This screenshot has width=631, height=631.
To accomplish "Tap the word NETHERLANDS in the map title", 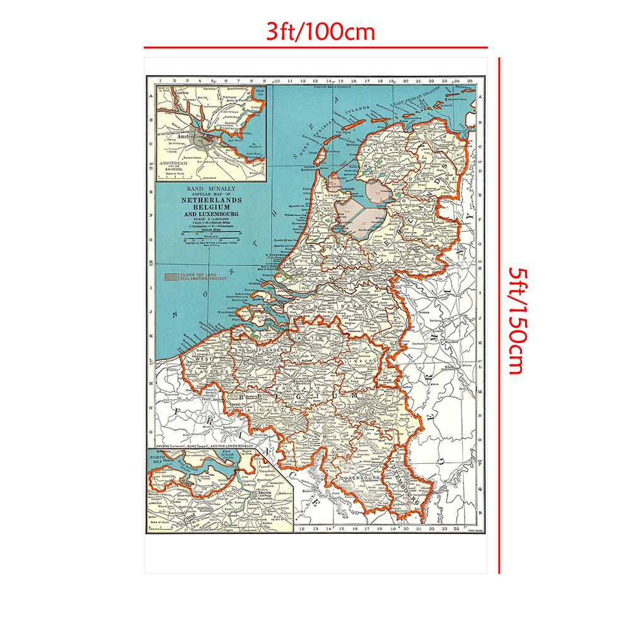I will [x=211, y=200].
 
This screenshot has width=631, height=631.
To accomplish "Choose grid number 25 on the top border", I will [x=470, y=81].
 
